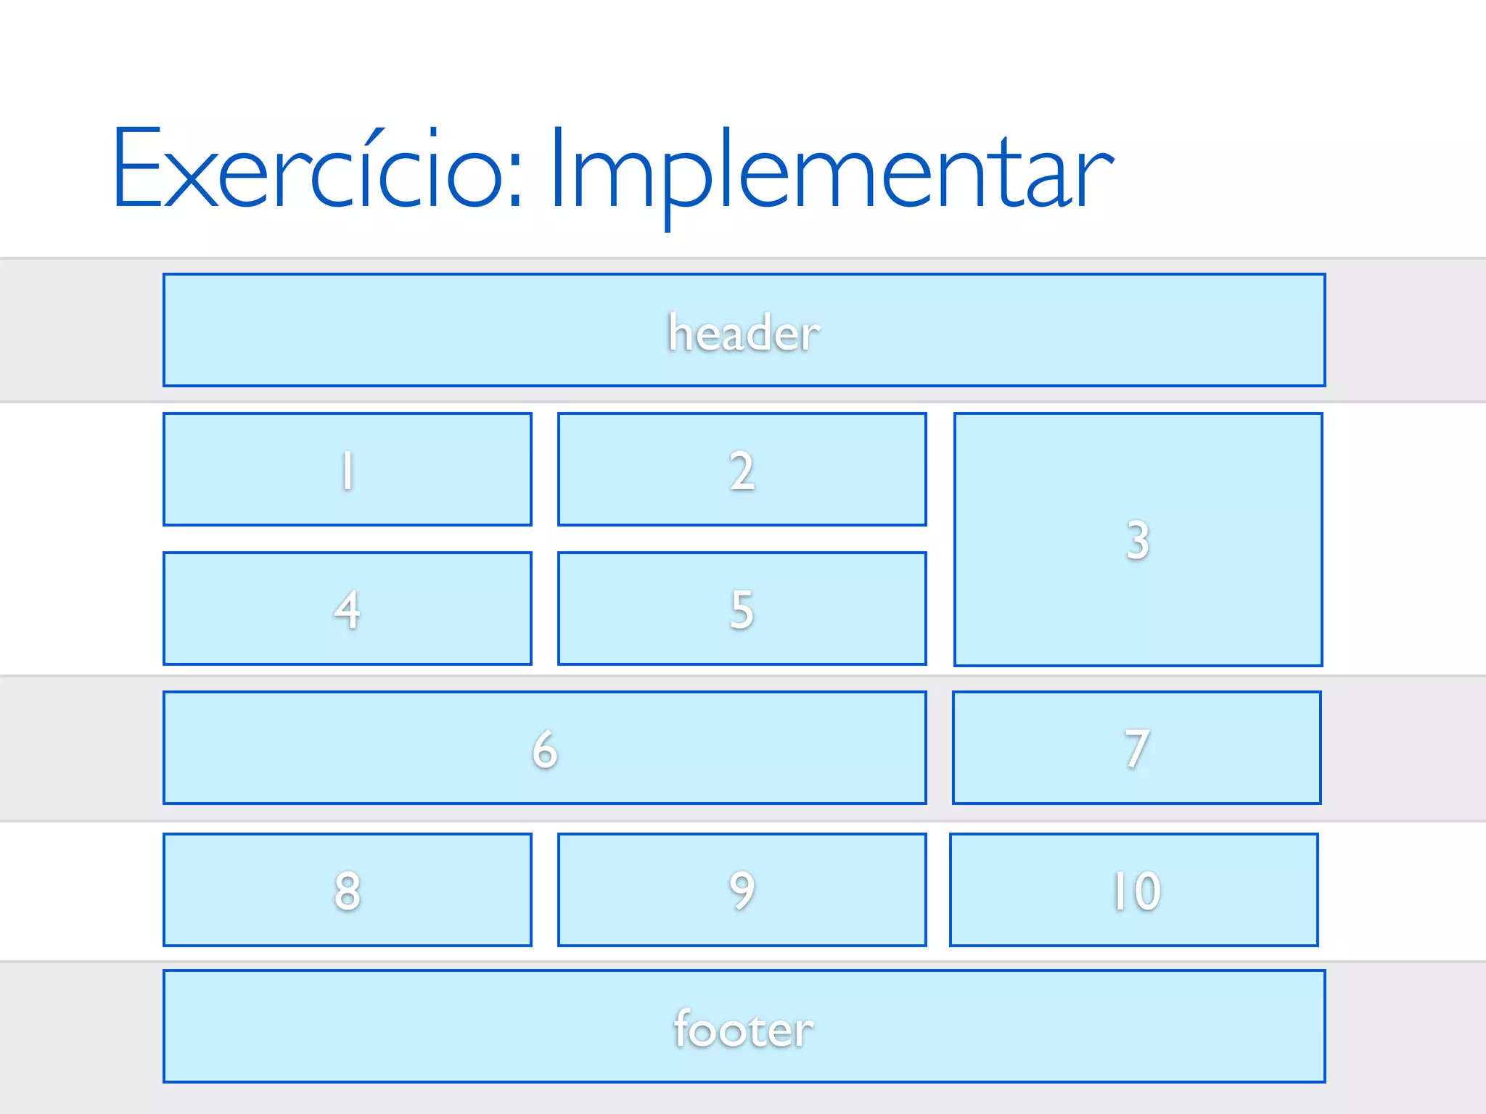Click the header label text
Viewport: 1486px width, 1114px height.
tap(744, 333)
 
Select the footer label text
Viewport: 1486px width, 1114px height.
tap(744, 1029)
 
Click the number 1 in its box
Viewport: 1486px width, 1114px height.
tap(348, 471)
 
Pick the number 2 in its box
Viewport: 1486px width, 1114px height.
tap(742, 471)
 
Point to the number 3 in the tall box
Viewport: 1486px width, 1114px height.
tap(1138, 540)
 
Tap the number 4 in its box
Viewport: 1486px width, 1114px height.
tap(348, 610)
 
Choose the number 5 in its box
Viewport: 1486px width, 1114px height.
tap(742, 610)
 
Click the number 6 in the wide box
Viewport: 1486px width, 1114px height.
tap(545, 749)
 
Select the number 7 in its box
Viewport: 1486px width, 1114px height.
tap(1137, 749)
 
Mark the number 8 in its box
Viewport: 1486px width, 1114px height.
tap(348, 891)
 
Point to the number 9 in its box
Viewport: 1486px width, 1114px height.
tap(742, 891)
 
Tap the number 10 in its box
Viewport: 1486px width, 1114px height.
tap(1136, 891)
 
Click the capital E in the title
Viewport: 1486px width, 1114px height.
tap(137, 168)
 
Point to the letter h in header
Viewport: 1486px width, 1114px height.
tap(680, 332)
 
